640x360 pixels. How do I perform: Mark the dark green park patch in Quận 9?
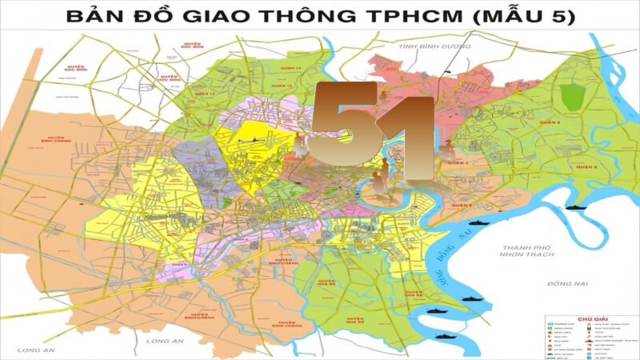coord(572,97)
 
